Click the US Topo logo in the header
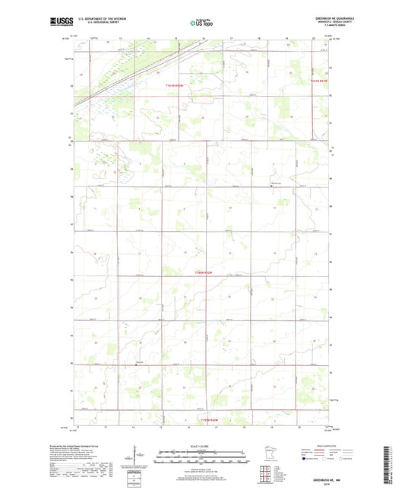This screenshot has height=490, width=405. pyautogui.click(x=201, y=24)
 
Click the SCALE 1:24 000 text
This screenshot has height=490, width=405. pyautogui.click(x=202, y=447)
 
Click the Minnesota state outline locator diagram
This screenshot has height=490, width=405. pyautogui.click(x=267, y=453)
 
